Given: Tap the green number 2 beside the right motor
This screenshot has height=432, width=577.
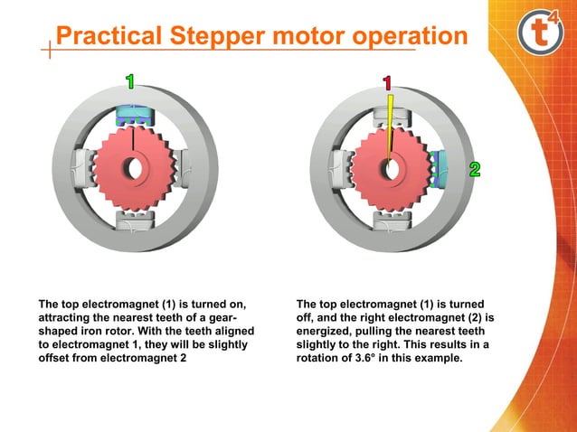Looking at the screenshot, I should pos(474,170).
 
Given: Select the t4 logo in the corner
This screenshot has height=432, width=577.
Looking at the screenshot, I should pos(540,33).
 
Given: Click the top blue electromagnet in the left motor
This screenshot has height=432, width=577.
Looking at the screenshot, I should pos(135,116).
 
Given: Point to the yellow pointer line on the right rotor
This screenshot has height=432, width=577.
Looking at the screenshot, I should pos(390,127).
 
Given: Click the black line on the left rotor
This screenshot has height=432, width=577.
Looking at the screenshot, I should pos(134,140).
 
